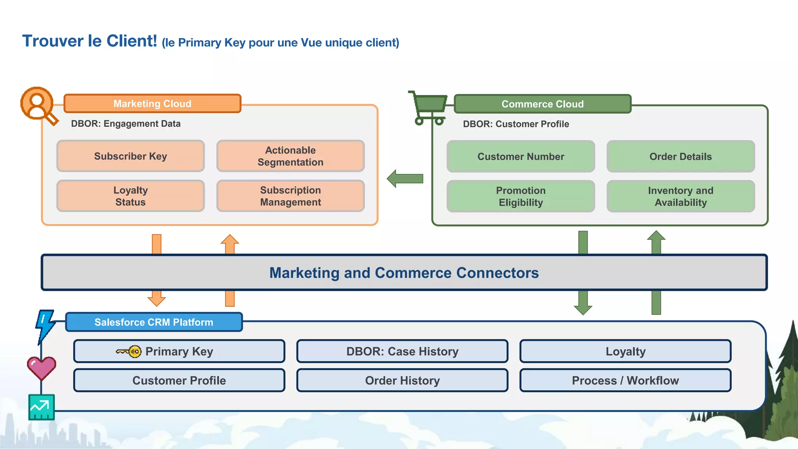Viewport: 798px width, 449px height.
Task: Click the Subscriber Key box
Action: pyautogui.click(x=131, y=156)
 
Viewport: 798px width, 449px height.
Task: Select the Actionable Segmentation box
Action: pyautogui.click(x=290, y=156)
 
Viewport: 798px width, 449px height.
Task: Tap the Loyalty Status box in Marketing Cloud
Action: pyautogui.click(x=131, y=196)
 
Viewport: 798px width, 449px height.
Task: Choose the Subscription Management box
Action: pyautogui.click(x=290, y=196)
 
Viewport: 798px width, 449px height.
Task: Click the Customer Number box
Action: pyautogui.click(x=521, y=157)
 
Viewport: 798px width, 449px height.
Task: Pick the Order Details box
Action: pyautogui.click(x=680, y=157)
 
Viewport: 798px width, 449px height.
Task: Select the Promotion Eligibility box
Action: pyautogui.click(x=521, y=196)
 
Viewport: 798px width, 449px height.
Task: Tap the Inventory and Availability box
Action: pyautogui.click(x=680, y=196)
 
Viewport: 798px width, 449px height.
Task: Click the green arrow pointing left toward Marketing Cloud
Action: pyautogui.click(x=405, y=179)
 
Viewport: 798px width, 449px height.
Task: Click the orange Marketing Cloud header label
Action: pyautogui.click(x=152, y=104)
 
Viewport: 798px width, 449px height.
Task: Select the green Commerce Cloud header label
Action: pyautogui.click(x=542, y=104)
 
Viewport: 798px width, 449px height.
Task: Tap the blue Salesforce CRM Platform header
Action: pyautogui.click(x=154, y=322)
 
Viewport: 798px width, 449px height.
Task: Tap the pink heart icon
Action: pyautogui.click(x=41, y=368)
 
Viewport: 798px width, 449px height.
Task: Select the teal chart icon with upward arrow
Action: pyautogui.click(x=41, y=407)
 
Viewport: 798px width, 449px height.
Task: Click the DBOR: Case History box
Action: pyautogui.click(x=402, y=352)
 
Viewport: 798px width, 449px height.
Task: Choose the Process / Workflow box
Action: pyautogui.click(x=625, y=380)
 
